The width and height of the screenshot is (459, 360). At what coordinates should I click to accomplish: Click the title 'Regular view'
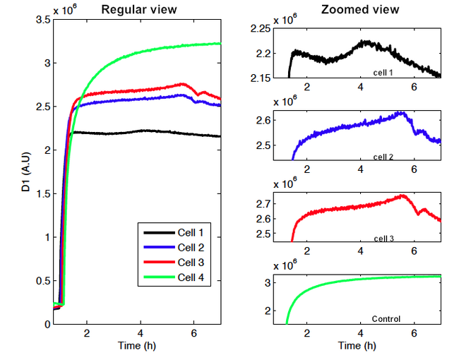coord(139,9)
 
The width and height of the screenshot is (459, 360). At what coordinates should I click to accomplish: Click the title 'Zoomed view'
coord(360,9)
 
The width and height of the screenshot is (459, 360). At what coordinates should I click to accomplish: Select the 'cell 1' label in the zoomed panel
coord(384,72)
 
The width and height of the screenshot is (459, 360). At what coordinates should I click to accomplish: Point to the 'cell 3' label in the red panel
coord(384,238)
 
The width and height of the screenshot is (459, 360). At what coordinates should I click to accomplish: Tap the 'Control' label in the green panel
coord(386,320)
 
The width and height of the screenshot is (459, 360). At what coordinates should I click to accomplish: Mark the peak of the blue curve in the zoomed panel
coord(402,112)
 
